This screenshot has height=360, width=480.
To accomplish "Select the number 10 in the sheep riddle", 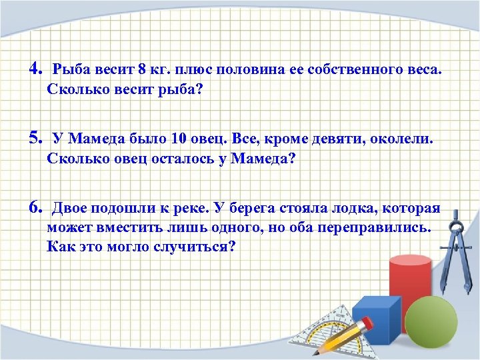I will tap(178, 139).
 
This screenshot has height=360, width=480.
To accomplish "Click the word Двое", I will tap(73, 208).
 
